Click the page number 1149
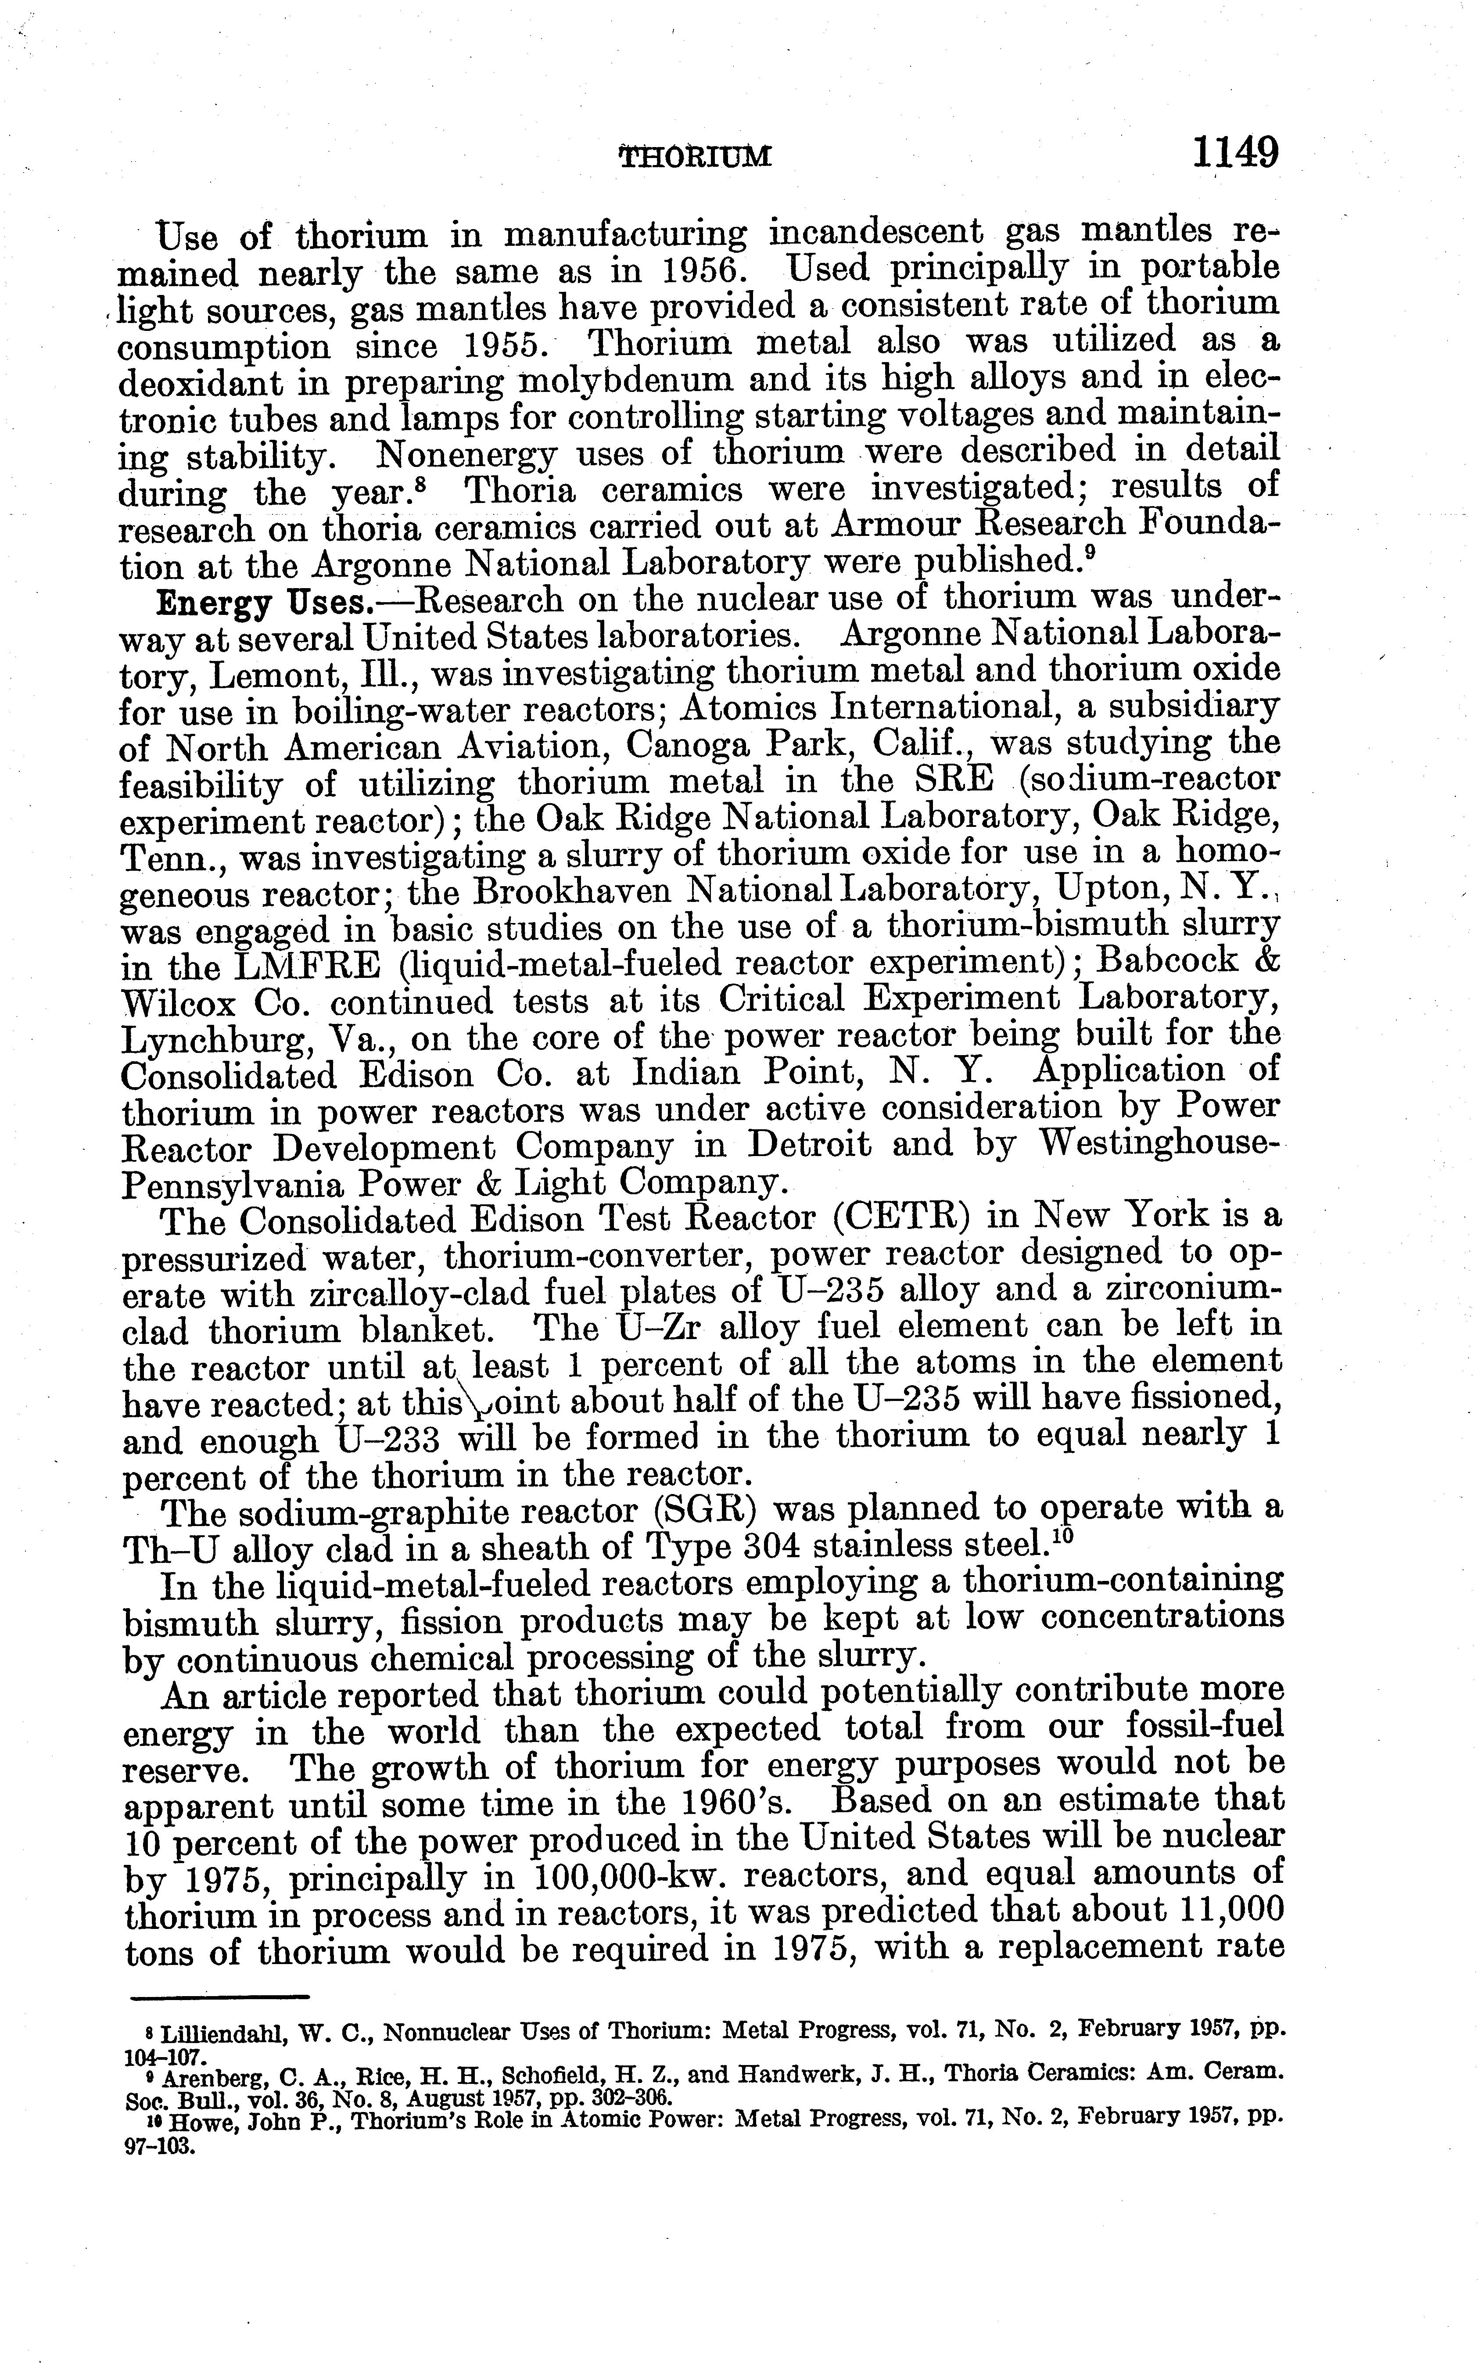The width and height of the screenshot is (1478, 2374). pos(1234,154)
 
